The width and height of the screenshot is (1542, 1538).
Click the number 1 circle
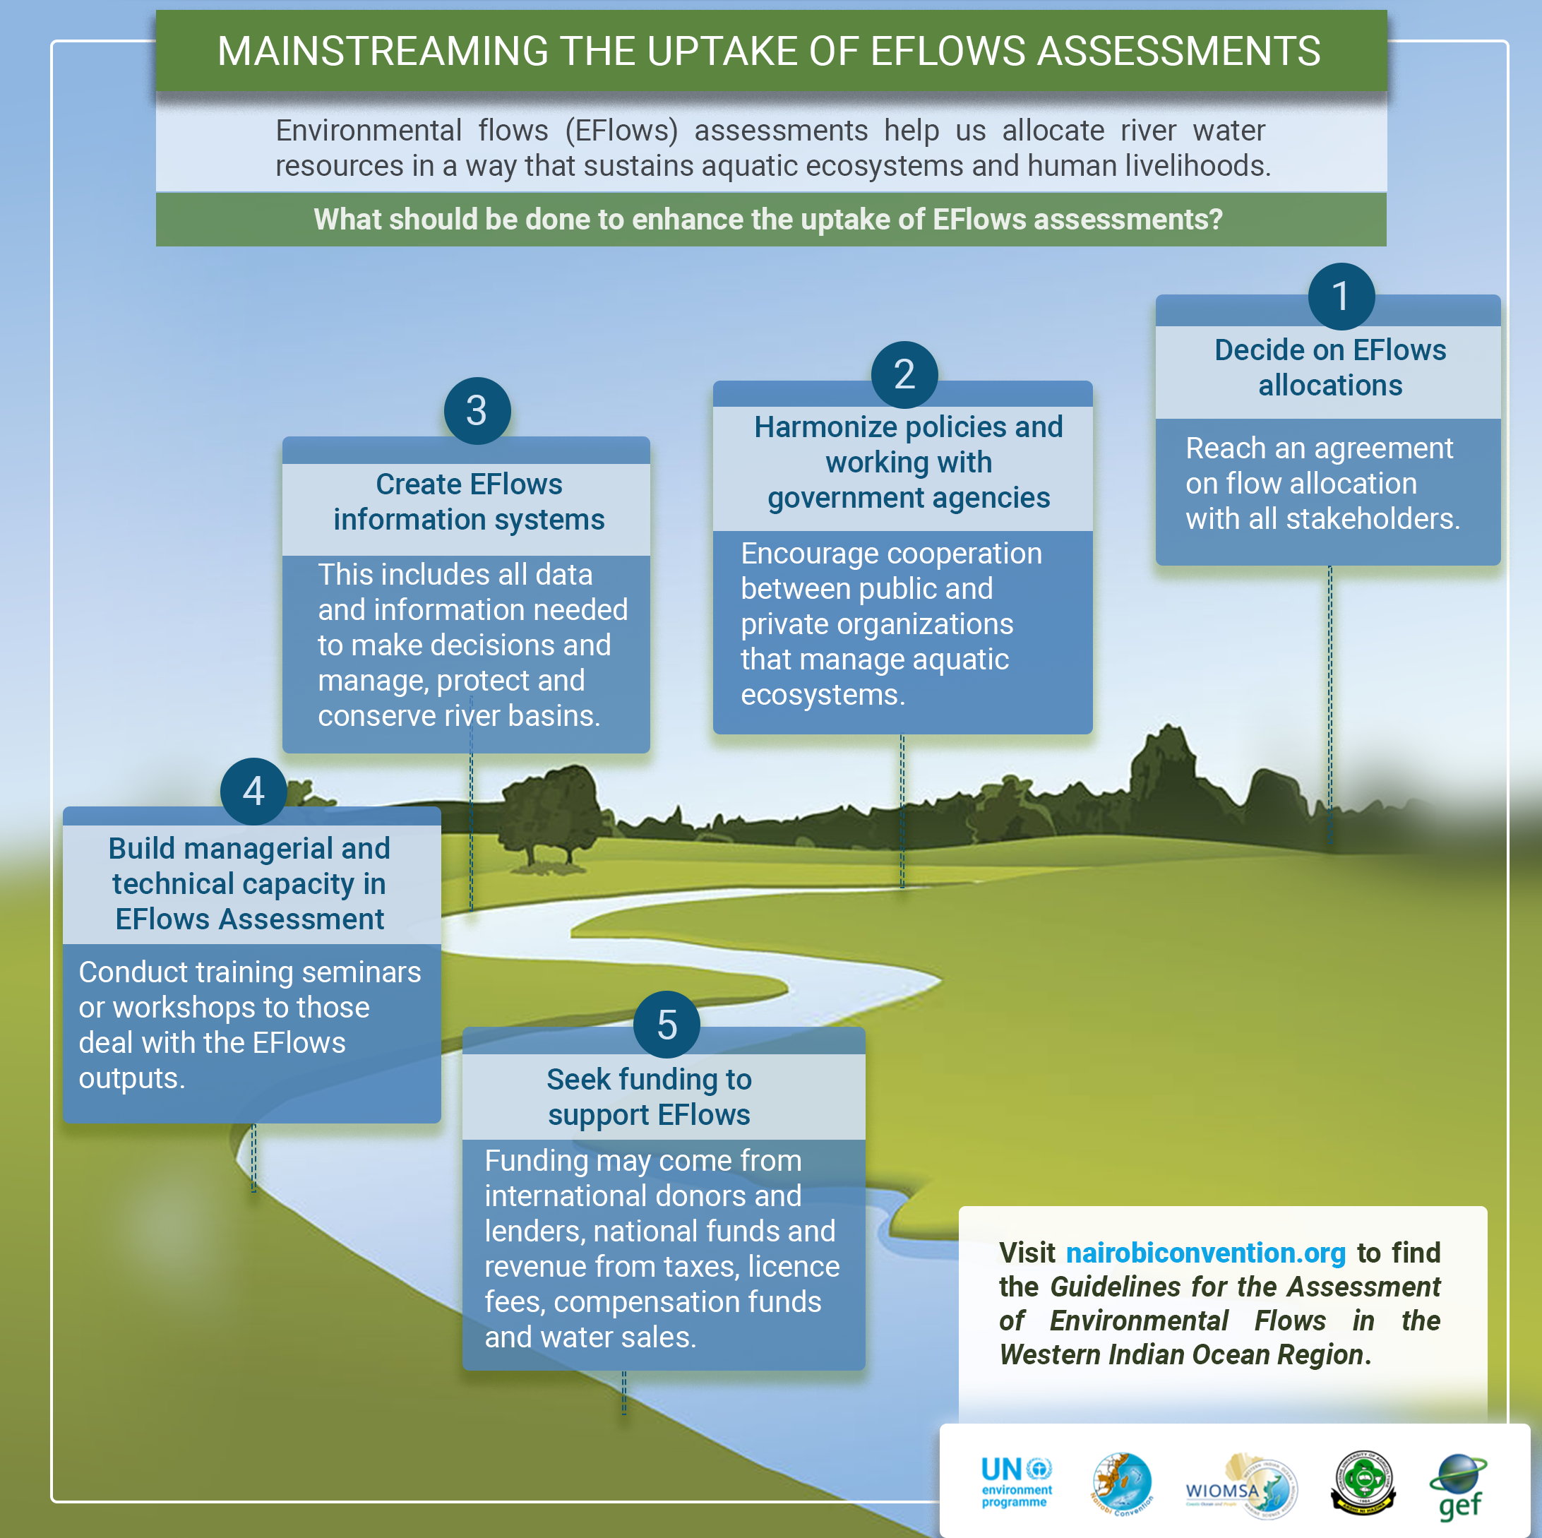tap(1341, 296)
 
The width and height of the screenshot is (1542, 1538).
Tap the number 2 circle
tap(904, 374)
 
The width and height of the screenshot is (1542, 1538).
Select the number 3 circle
tap(477, 411)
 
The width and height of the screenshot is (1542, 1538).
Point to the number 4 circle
tap(253, 791)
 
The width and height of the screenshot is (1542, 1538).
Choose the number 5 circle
tap(667, 1025)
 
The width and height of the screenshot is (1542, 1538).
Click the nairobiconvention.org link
tap(1205, 1253)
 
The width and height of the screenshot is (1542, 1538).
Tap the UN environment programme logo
tap(1015, 1482)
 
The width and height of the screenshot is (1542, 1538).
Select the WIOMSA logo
tap(1241, 1487)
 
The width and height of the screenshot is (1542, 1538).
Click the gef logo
tap(1459, 1487)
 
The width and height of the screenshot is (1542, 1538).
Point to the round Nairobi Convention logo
tap(1122, 1483)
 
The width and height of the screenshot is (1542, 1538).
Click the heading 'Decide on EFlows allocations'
tap(1329, 368)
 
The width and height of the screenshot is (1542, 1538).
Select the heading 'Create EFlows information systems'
tap(469, 502)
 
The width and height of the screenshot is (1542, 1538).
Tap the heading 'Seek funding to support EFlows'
tap(649, 1097)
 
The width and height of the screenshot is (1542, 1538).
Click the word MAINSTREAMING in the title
tap(381, 52)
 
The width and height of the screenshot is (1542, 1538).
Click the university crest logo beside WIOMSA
tap(1363, 1483)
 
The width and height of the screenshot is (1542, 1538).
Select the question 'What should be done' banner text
tap(767, 220)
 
